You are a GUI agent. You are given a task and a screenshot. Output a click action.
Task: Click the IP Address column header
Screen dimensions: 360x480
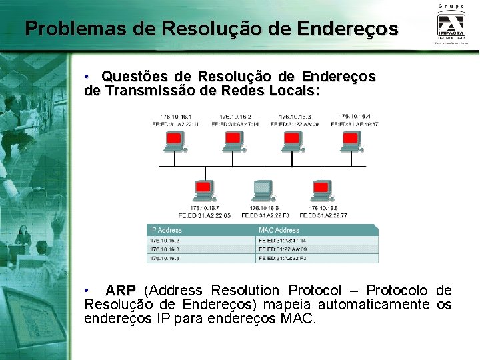point(166,231)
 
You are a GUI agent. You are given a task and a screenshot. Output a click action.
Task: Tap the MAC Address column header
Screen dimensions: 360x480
point(279,231)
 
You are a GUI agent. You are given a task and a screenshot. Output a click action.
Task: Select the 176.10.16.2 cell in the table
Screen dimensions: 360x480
point(165,240)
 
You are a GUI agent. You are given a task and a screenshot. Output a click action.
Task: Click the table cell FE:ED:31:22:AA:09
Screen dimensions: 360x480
point(283,249)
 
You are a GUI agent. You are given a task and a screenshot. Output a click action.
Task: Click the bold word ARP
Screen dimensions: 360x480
point(120,291)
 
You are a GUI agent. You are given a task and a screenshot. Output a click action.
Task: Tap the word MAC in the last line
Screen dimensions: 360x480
point(298,319)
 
